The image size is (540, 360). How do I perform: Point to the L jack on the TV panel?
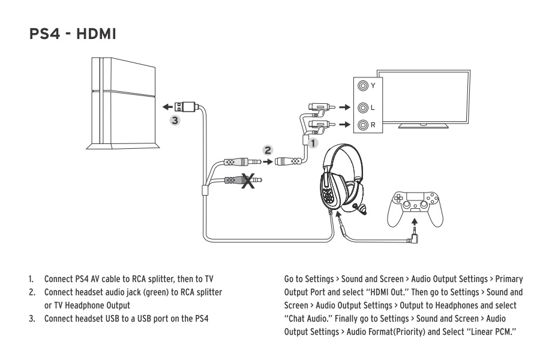pos(362,108)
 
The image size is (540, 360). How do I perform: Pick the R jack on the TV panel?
pos(362,126)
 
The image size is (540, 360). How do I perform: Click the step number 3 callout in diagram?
pos(175,120)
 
